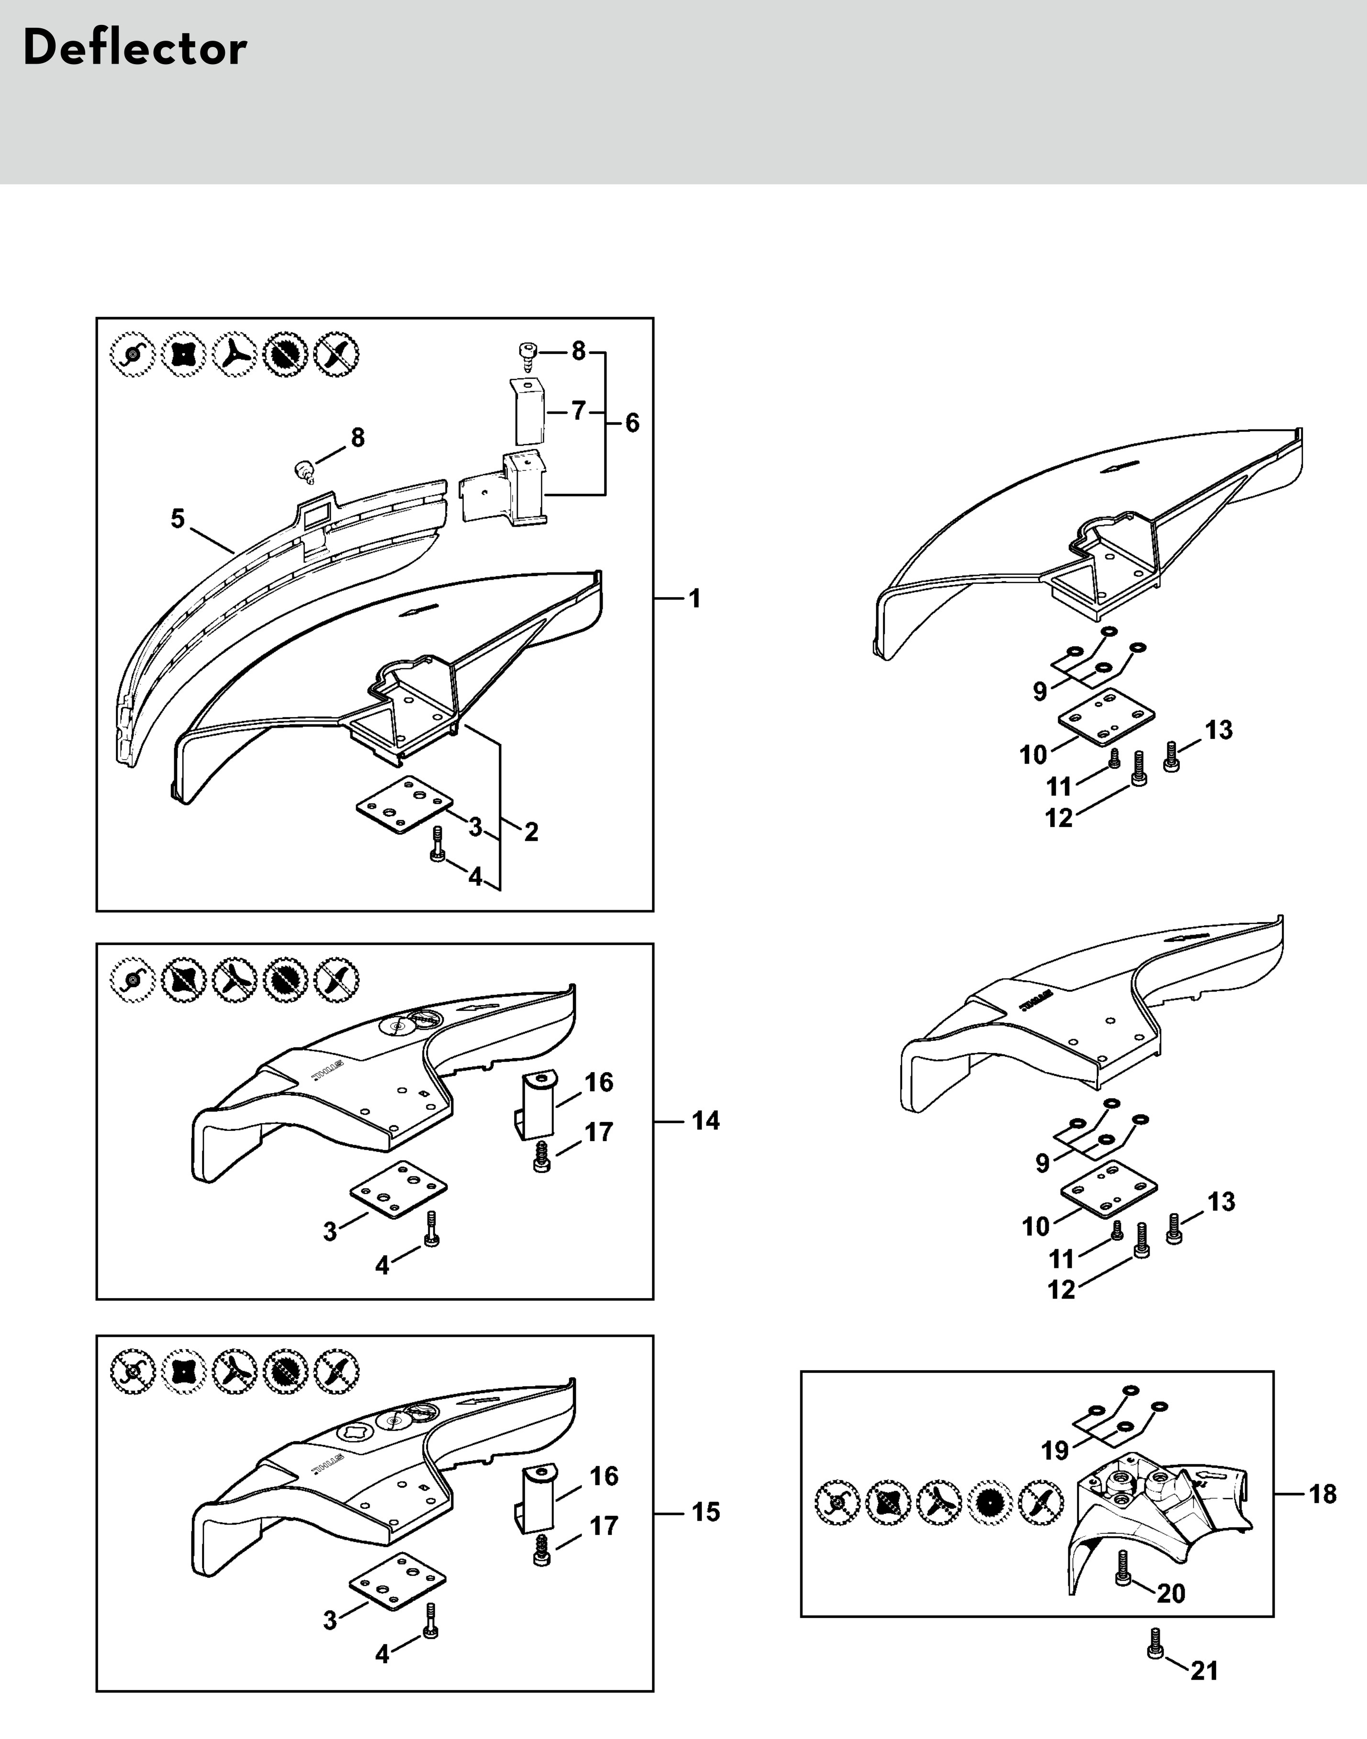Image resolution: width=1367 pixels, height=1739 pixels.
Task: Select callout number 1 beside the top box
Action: pyautogui.click(x=694, y=598)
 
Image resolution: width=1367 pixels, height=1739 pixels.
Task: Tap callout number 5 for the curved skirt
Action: pyautogui.click(x=178, y=519)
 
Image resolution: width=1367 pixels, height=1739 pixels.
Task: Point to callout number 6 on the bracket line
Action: pyautogui.click(x=632, y=423)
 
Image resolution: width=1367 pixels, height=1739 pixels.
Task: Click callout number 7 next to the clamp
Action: pyautogui.click(x=579, y=411)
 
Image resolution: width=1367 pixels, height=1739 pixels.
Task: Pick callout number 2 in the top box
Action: pyautogui.click(x=531, y=832)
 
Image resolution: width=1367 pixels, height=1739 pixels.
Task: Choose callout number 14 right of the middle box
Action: pyautogui.click(x=705, y=1120)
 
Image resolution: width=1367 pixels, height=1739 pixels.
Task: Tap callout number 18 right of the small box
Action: pyautogui.click(x=1322, y=1494)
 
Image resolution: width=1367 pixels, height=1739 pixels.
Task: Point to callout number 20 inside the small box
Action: pyautogui.click(x=1170, y=1593)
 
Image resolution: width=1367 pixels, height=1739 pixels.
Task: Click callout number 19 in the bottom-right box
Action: pyautogui.click(x=1055, y=1450)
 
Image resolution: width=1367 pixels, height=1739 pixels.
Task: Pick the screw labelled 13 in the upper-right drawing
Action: pyautogui.click(x=1171, y=757)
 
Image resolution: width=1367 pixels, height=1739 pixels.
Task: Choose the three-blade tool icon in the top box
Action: pyautogui.click(x=235, y=353)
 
